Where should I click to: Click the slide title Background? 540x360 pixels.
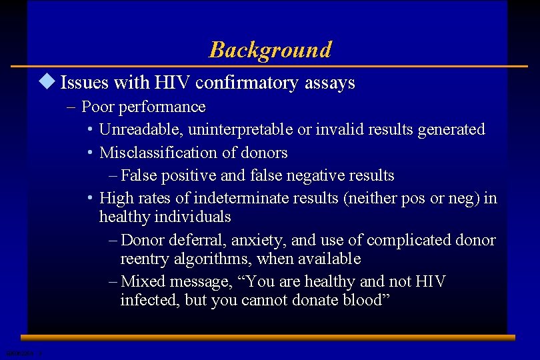tap(270, 50)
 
